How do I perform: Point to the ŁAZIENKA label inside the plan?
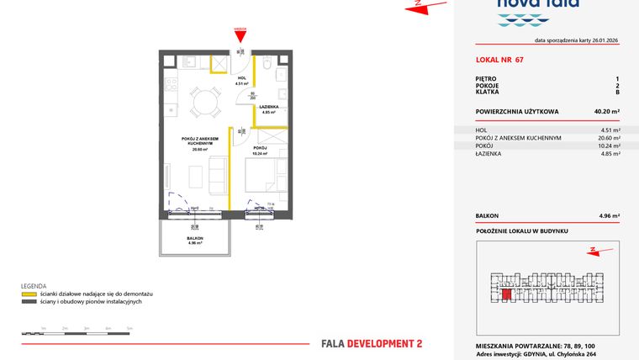pyautogui.click(x=269, y=109)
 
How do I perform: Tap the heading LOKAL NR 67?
pyautogui.click(x=499, y=60)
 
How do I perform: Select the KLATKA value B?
pyautogui.click(x=617, y=92)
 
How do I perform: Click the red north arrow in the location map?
pyautogui.click(x=594, y=249)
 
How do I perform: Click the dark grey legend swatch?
pyautogui.click(x=28, y=302)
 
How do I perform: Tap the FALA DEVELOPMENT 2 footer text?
pyautogui.click(x=372, y=342)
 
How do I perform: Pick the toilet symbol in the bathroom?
pyautogui.click(x=267, y=66)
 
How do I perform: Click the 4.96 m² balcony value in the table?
pyautogui.click(x=609, y=216)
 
